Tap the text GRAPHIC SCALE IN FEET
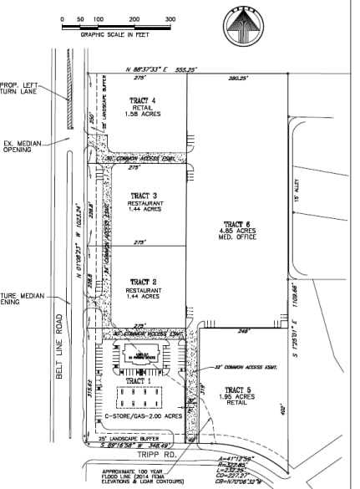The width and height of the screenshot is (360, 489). [x=114, y=35]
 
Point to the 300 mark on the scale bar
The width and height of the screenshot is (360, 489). [x=170, y=18]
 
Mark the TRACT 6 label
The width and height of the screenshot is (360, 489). [x=237, y=224]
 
